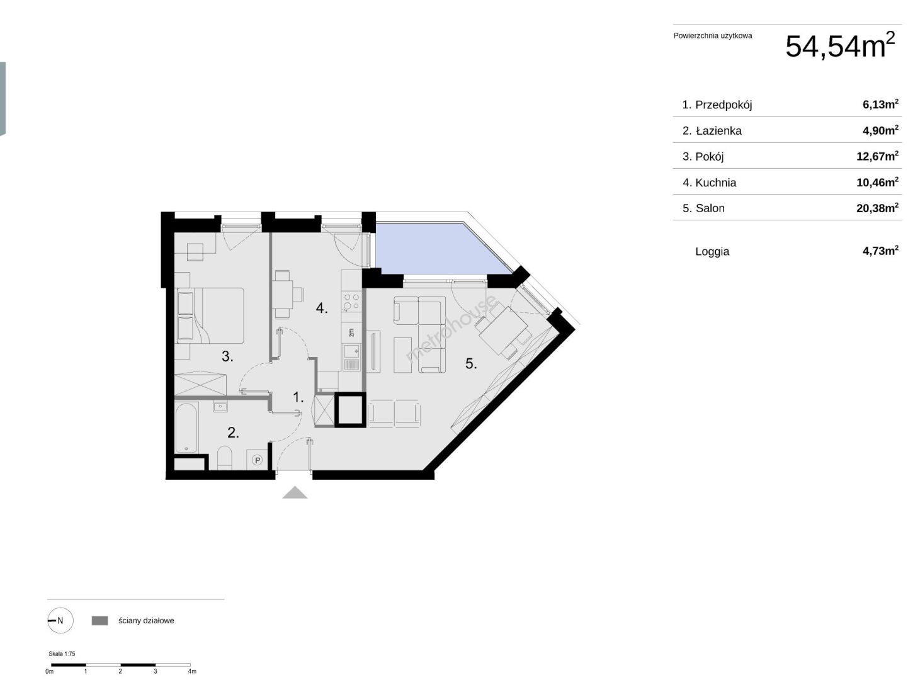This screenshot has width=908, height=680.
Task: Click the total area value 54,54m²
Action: click(x=839, y=45)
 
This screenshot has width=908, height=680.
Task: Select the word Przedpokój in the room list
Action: click(x=723, y=105)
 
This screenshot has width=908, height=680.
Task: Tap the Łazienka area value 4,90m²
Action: click(x=880, y=130)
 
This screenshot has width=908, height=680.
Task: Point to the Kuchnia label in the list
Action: click(x=715, y=183)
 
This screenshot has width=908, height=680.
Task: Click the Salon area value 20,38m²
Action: click(x=877, y=208)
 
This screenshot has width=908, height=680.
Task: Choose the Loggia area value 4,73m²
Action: click(x=880, y=251)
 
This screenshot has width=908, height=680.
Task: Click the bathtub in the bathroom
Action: click(x=186, y=428)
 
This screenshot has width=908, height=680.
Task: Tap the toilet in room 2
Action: click(x=225, y=458)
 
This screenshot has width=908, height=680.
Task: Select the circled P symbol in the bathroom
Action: click(x=257, y=460)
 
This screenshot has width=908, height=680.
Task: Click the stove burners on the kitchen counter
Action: click(x=351, y=302)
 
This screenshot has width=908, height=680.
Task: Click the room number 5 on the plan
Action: click(x=471, y=363)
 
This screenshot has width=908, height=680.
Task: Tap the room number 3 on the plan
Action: click(x=227, y=356)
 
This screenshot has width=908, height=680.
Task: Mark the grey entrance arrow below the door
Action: click(x=295, y=492)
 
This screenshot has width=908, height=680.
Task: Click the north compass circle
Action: click(x=60, y=620)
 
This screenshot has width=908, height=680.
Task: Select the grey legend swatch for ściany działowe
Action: click(x=99, y=620)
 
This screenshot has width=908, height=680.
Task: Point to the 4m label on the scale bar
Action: click(x=192, y=671)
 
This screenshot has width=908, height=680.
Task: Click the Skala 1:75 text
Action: click(x=62, y=654)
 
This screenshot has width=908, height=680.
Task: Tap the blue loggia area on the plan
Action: click(x=434, y=248)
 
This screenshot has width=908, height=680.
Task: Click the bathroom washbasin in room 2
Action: click(x=220, y=407)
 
